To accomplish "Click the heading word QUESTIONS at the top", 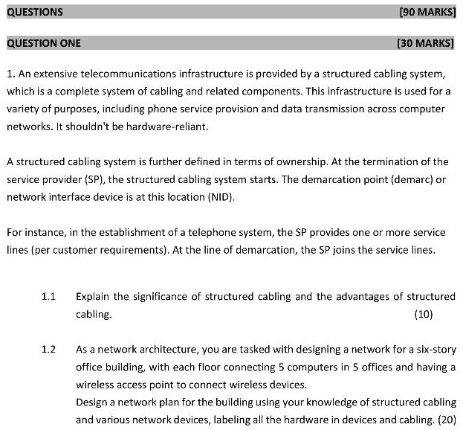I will pos(34,12).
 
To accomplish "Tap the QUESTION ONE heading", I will pos(43,43).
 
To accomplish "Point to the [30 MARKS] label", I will pos(426,43).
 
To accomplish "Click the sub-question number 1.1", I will pos(50,297).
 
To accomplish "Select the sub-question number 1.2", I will pos(50,350).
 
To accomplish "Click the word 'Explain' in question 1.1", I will pos(93,297).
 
